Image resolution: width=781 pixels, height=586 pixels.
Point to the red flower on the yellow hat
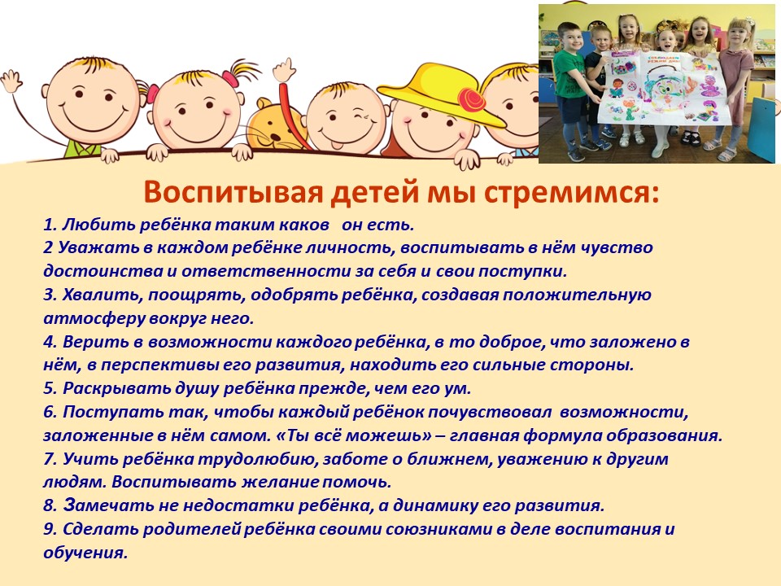tap(471, 99)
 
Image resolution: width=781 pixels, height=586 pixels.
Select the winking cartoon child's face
tap(345, 118)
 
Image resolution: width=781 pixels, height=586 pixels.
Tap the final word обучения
tap(85, 553)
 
